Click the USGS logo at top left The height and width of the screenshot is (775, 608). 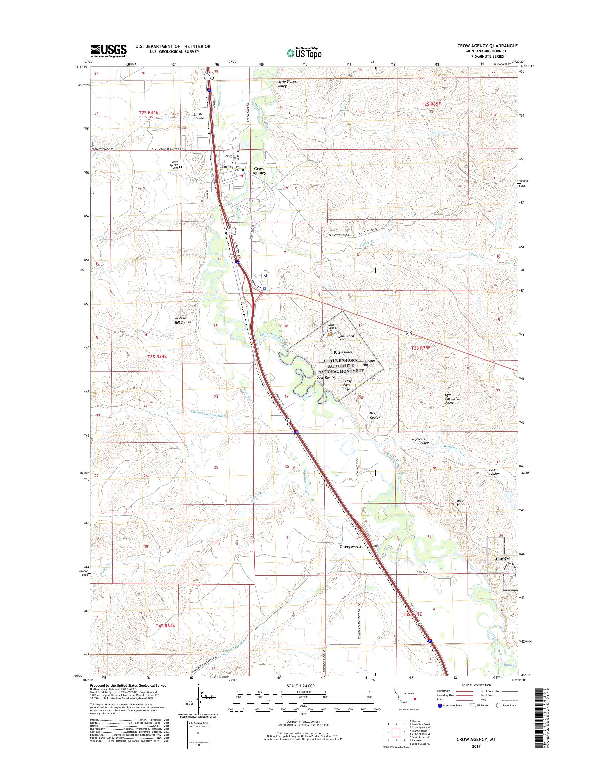[x=109, y=51]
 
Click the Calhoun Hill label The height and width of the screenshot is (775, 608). [x=369, y=363]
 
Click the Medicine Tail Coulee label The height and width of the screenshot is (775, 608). [x=420, y=441]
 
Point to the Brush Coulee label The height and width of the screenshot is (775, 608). [x=198, y=116]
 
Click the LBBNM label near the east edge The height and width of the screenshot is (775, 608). [x=503, y=569]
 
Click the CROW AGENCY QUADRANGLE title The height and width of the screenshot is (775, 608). [x=487, y=46]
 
